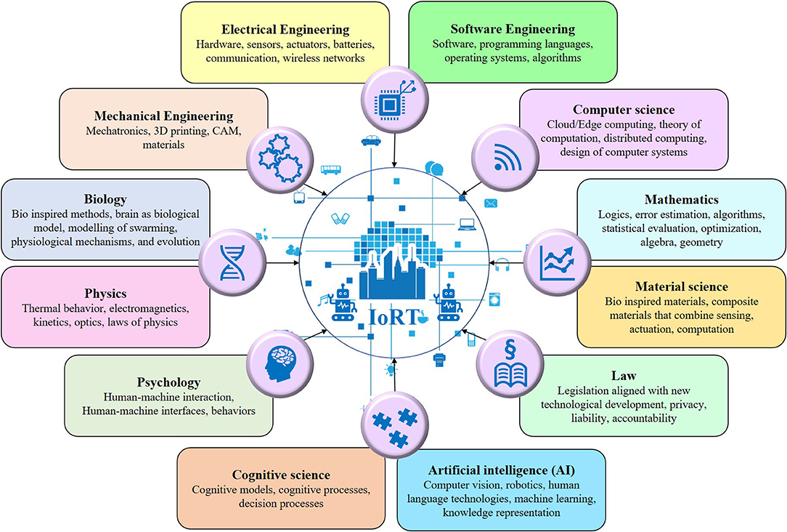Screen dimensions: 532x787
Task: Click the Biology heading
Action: (105, 199)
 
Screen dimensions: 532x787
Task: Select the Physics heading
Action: (105, 294)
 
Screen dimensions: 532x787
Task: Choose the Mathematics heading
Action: (681, 199)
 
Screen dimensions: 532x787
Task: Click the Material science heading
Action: (681, 286)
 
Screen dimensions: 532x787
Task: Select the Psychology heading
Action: (168, 382)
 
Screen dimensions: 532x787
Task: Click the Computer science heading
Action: (623, 110)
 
